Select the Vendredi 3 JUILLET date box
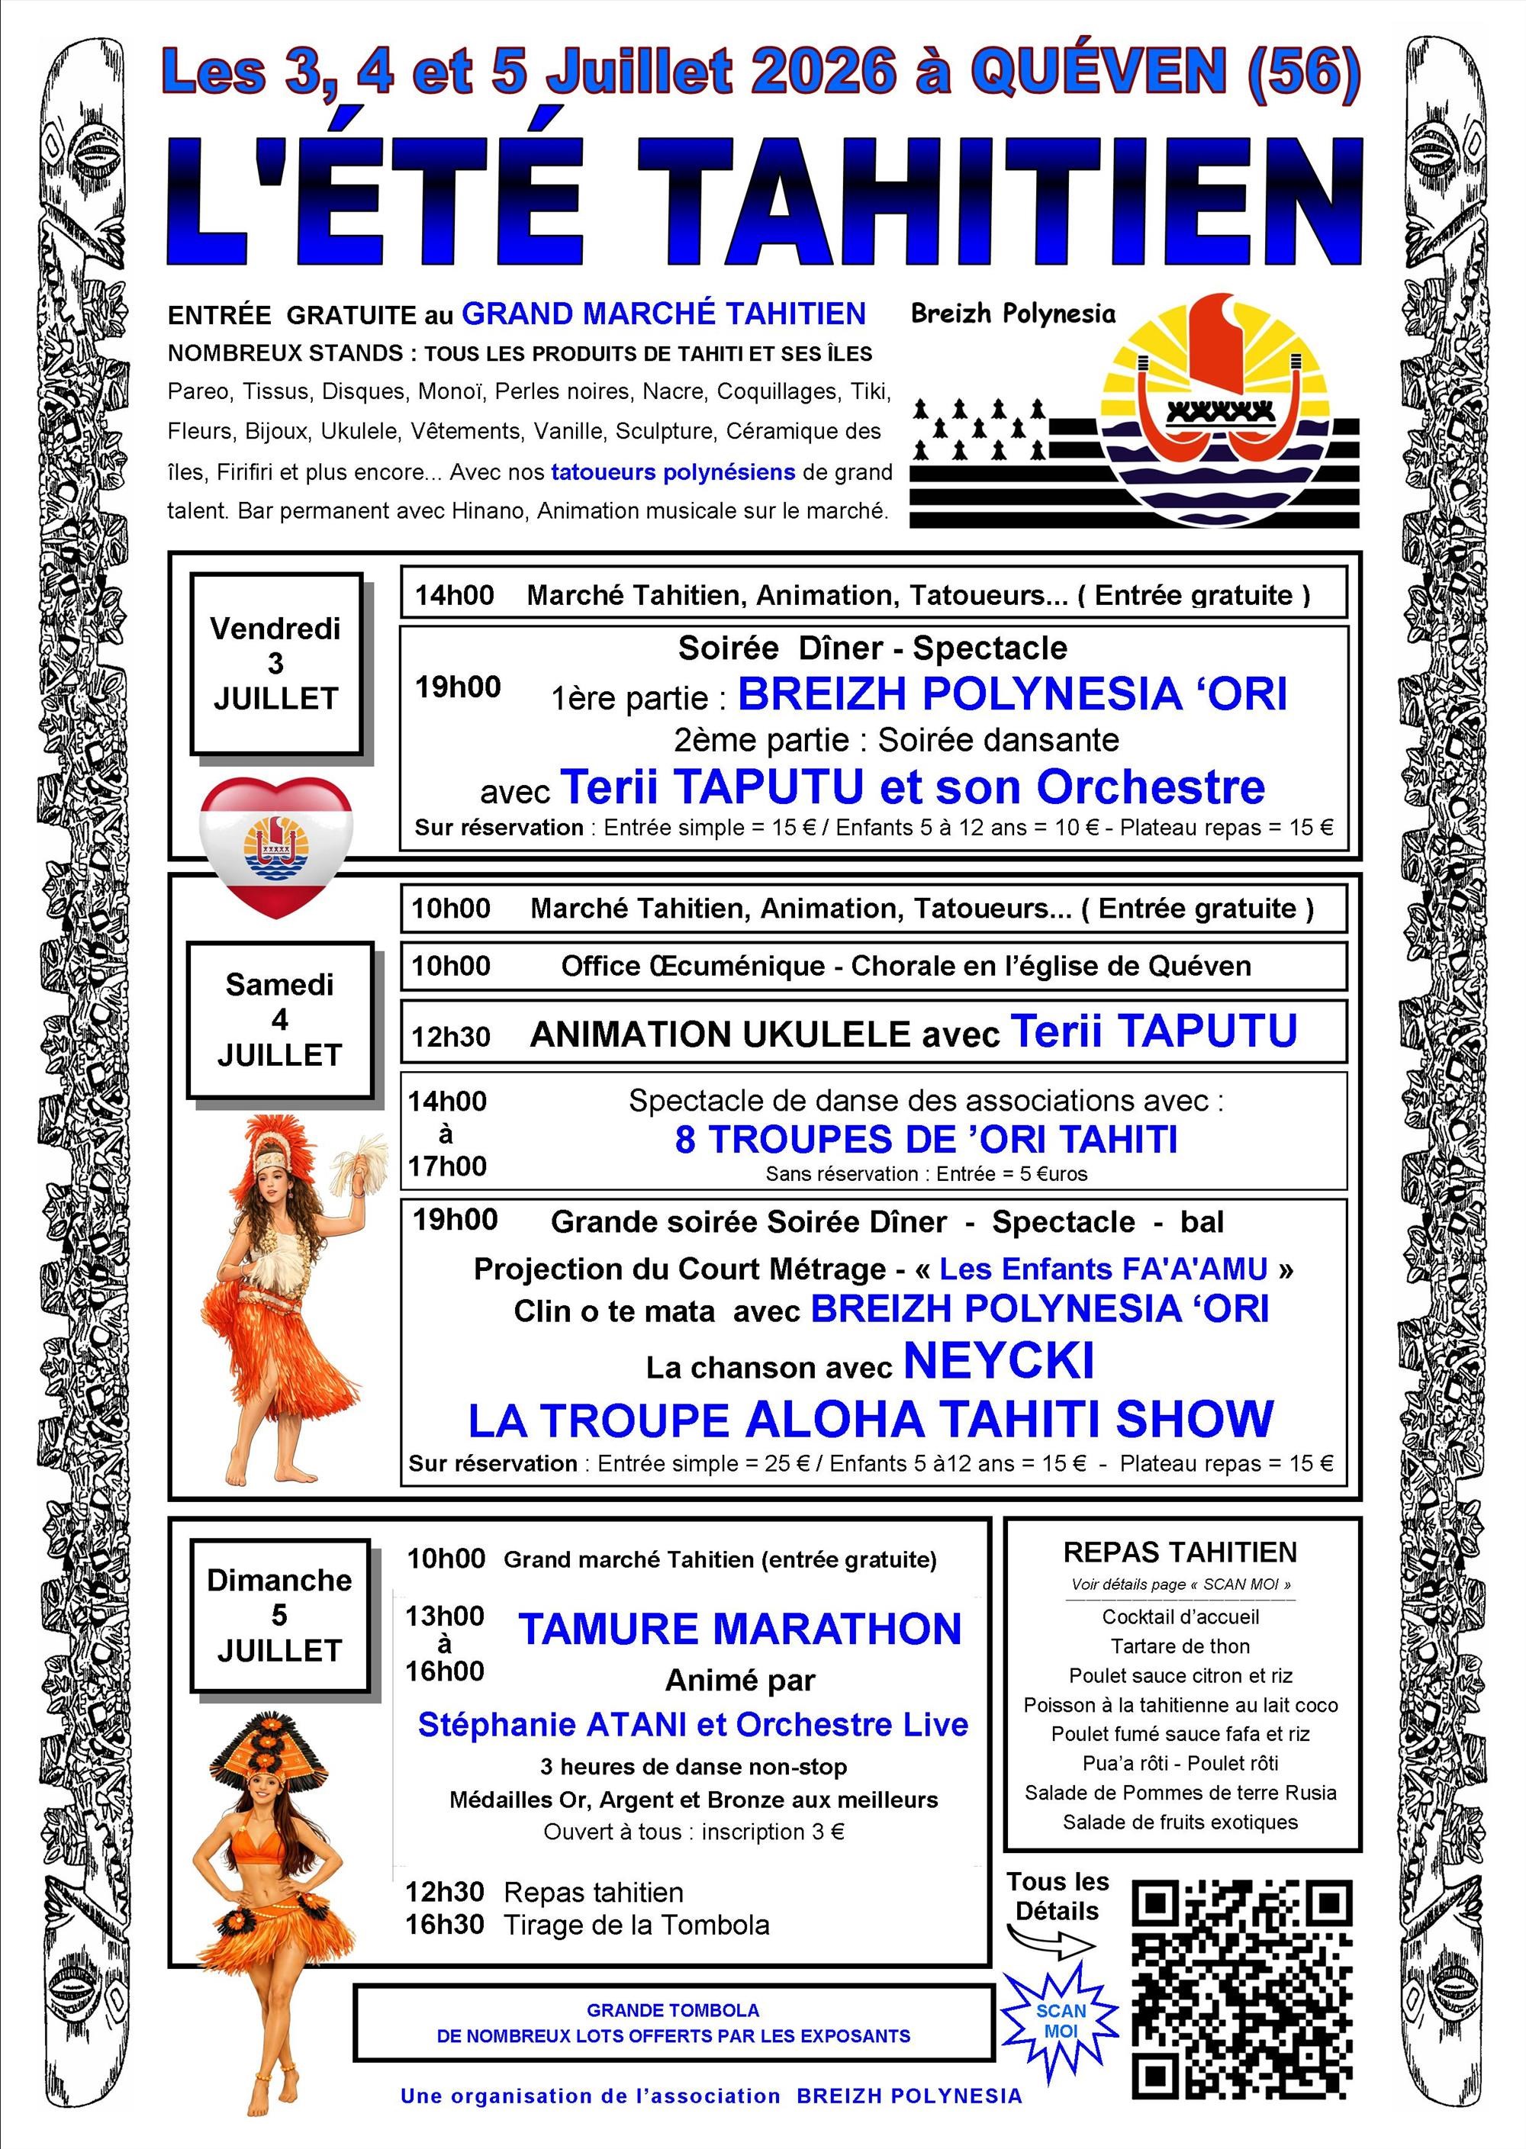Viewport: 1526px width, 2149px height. click(x=275, y=663)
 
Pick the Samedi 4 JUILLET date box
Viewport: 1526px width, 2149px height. click(x=279, y=1019)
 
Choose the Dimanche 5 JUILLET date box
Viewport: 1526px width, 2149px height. click(x=279, y=1616)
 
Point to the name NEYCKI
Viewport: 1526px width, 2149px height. click(x=998, y=1361)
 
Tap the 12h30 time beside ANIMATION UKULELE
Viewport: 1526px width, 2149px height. click(x=451, y=1037)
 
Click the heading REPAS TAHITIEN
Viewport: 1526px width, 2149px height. click(x=1180, y=1552)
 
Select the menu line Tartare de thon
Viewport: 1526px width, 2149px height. click(x=1180, y=1646)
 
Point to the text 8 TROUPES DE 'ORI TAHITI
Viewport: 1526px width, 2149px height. click(x=926, y=1139)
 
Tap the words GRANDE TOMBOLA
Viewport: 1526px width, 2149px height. click(x=673, y=2011)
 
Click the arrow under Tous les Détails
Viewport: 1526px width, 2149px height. click(x=1051, y=1941)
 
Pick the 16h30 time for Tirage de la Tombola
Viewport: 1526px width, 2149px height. click(x=445, y=1925)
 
